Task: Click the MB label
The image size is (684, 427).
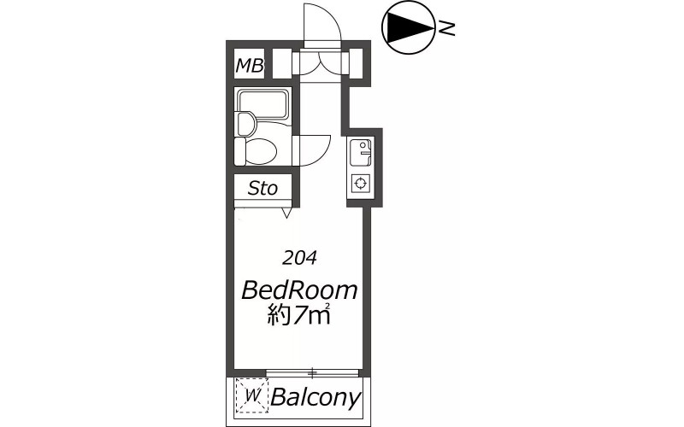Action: pos(250,66)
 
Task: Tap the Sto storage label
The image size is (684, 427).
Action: pos(262,188)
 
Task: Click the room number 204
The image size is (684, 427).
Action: pos(299,259)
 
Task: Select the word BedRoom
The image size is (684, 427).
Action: pos(299,290)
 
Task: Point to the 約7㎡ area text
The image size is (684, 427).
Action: pos(298,315)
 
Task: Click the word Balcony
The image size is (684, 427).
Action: pos(316,397)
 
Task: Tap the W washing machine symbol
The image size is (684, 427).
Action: pos(251,395)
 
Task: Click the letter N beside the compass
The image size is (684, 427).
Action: pos(446,29)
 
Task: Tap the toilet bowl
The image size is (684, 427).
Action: pos(261,152)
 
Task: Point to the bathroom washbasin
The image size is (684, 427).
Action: pos(246,123)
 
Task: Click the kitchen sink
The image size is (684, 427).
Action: pos(360,152)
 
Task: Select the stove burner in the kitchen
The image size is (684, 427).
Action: pos(360,183)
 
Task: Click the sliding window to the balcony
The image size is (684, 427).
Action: pos(312,372)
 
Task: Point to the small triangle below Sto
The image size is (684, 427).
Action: pos(286,213)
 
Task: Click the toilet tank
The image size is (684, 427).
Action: pos(239,152)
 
